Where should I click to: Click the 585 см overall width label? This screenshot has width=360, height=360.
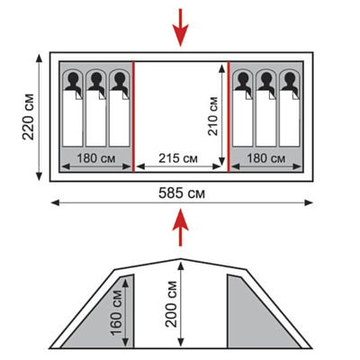click(x=182, y=193)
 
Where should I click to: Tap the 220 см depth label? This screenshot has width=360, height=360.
click(x=28, y=117)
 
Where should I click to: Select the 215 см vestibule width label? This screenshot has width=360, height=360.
click(x=178, y=158)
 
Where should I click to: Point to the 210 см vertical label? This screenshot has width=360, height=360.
click(x=212, y=116)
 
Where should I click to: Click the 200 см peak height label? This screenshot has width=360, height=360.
click(x=171, y=304)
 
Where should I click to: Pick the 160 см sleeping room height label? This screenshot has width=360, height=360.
click(x=116, y=312)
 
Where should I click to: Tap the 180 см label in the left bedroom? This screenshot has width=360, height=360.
click(x=96, y=158)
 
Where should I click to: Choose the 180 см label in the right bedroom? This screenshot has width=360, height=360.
click(x=265, y=158)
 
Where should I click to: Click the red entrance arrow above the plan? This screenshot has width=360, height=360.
click(x=180, y=28)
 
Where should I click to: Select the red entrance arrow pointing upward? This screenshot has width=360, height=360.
click(x=180, y=227)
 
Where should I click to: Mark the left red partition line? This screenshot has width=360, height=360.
click(x=133, y=117)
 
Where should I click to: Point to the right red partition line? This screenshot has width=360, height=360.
click(x=229, y=117)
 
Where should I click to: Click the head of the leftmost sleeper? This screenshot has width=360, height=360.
click(x=73, y=78)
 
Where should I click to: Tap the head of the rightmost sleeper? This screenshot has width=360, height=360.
click(x=290, y=78)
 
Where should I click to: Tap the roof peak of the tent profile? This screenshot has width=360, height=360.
click(x=180, y=258)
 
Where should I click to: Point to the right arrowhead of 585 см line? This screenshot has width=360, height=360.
click(x=309, y=202)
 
